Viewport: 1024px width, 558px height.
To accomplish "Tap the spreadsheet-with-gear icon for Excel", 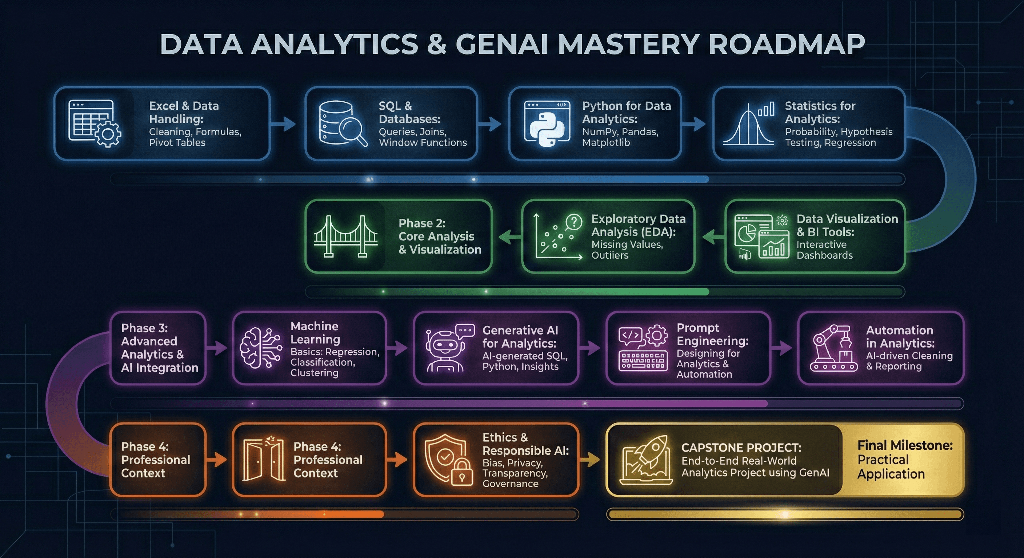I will point(95,123).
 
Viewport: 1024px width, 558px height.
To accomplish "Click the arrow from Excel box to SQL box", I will point(283,124).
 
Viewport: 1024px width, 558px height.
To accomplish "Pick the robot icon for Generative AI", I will point(447,349).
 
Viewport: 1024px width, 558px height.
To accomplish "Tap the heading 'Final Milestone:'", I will point(905,445).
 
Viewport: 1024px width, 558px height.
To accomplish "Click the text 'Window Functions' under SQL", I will point(423,142).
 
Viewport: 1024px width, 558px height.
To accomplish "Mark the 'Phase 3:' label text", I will point(145,328).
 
